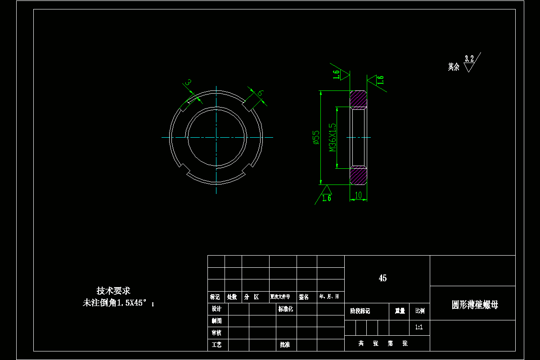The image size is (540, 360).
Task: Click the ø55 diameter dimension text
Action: (x=316, y=137)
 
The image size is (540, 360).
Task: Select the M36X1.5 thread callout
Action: (x=333, y=137)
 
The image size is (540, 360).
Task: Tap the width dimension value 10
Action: (x=359, y=195)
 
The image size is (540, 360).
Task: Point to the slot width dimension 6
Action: (x=260, y=93)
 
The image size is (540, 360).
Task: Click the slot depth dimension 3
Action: (x=189, y=82)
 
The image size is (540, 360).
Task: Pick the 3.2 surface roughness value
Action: (x=469, y=58)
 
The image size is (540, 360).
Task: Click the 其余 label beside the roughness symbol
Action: (x=454, y=67)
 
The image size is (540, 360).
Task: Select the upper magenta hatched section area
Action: (x=359, y=99)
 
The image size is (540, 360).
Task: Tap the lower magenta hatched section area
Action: (x=359, y=176)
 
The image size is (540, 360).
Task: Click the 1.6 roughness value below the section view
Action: (x=327, y=198)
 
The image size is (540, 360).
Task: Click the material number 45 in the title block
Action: (x=382, y=278)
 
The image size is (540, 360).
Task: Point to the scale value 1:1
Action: (x=419, y=327)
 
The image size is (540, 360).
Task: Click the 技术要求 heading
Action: (x=113, y=291)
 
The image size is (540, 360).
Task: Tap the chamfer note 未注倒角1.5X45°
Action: (x=118, y=303)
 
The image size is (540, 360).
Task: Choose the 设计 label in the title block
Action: (x=216, y=309)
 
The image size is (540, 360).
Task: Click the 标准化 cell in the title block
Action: (x=286, y=309)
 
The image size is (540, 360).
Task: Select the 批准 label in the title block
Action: (x=285, y=345)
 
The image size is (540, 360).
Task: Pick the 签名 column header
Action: (x=304, y=297)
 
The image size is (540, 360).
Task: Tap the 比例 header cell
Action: (x=419, y=311)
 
